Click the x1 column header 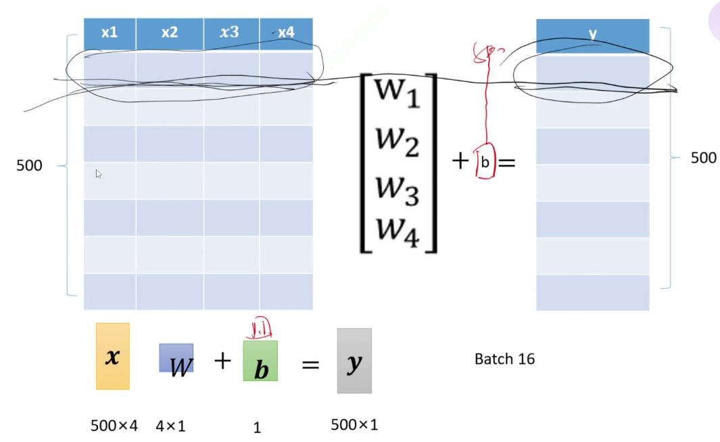tap(110, 32)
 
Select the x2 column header tap(170, 32)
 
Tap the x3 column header tap(231, 32)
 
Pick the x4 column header tap(286, 32)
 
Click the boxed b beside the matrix tap(485, 162)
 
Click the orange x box tap(112, 356)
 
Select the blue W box tap(176, 358)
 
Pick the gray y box tap(354, 361)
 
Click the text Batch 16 tap(504, 359)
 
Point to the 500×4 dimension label tap(114, 426)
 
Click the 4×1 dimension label tap(170, 426)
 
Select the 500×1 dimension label tap(354, 425)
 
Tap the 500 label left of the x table tap(29, 165)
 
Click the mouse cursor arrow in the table tap(99, 174)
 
